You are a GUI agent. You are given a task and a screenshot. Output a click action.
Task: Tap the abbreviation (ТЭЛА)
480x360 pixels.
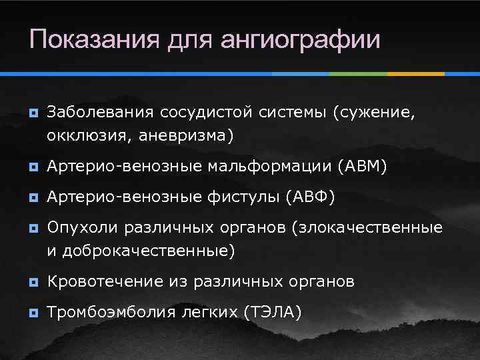coord(273,312)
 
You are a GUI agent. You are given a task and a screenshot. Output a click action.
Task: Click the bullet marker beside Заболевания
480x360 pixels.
coord(31,114)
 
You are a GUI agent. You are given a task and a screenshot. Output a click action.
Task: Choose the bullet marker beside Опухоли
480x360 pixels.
coord(31,229)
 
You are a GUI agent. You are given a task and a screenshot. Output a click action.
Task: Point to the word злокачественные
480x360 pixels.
coord(367,228)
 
